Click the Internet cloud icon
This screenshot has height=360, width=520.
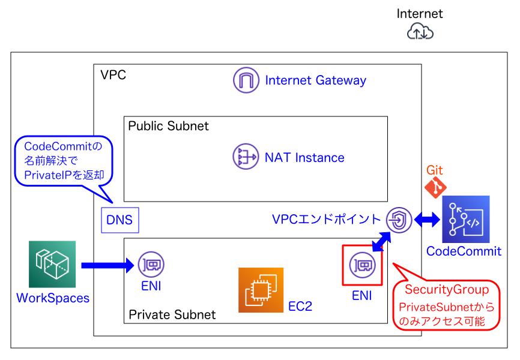(x=420, y=32)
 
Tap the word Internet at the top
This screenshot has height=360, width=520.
(x=420, y=13)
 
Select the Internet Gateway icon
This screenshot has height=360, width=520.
(x=246, y=80)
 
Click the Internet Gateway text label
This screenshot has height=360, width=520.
(x=315, y=80)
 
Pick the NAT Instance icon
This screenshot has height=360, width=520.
(x=246, y=157)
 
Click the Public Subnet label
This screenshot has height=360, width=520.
(x=169, y=126)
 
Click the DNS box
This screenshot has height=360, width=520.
(x=119, y=220)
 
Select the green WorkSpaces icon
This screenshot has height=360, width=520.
(x=52, y=264)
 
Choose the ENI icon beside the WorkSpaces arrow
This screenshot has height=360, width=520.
(x=151, y=265)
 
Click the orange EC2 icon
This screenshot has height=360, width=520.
(x=261, y=290)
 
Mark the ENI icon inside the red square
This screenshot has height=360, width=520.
(x=361, y=265)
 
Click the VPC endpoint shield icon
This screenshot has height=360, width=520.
(x=398, y=220)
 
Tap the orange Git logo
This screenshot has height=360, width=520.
(x=435, y=187)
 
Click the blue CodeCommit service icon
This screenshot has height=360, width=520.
(x=465, y=219)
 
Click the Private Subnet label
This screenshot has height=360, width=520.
(x=172, y=314)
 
